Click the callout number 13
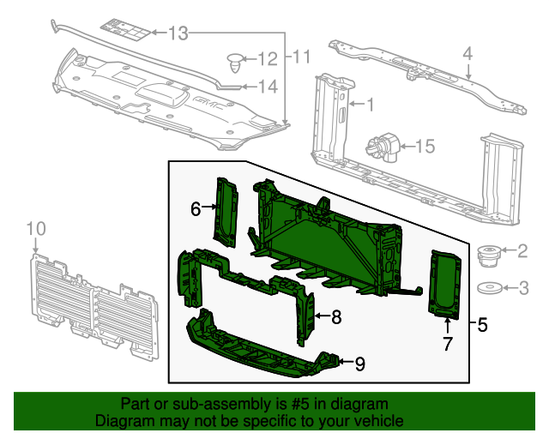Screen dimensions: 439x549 tap(177, 34)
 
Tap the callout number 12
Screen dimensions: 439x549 tap(268, 59)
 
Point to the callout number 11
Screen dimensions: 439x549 tap(299, 58)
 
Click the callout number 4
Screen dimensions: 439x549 tap(468, 54)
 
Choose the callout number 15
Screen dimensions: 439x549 tap(425, 147)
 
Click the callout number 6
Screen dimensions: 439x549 tap(196, 207)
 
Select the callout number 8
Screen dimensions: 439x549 tap(336, 317)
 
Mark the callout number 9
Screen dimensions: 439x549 tap(359, 364)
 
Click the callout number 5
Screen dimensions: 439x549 tap(482, 325)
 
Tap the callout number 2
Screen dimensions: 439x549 tap(522, 250)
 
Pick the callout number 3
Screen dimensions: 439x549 tap(522, 287)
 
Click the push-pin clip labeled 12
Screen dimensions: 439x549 tap(235, 61)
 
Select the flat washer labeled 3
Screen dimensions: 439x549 tap(489, 288)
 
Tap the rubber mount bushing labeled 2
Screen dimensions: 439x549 tap(489, 255)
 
